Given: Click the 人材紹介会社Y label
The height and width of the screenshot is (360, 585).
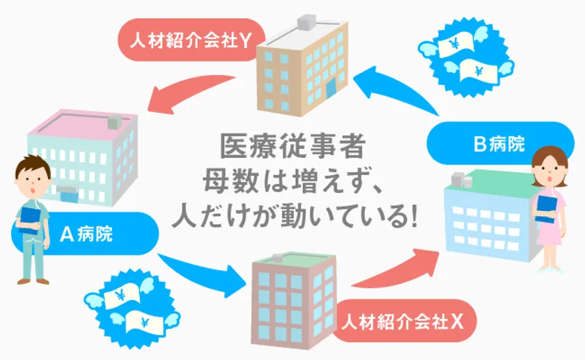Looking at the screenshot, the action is (x=191, y=40).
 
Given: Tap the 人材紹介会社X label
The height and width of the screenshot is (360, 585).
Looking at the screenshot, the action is (x=403, y=321).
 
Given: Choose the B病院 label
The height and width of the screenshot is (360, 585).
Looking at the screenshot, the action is (x=500, y=143).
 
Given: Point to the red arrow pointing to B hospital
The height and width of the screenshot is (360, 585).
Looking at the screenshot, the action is (x=396, y=270).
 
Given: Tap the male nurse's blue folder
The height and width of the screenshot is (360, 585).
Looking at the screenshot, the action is (x=30, y=220).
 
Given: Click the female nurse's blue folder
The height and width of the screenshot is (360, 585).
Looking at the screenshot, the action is (x=547, y=210).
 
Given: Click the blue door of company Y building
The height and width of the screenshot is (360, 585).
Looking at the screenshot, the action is (x=331, y=92).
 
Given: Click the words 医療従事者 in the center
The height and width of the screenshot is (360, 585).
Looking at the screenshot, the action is (x=292, y=147).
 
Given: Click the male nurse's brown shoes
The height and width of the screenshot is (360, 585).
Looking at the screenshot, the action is (x=33, y=281).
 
